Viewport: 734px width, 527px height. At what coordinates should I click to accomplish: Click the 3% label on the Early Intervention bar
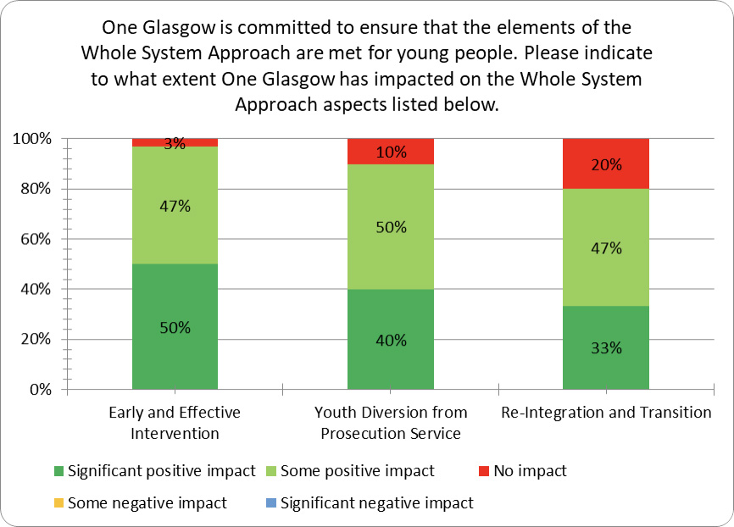pyautogui.click(x=175, y=143)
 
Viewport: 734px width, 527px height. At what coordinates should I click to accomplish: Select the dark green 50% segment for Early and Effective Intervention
pyautogui.click(x=175, y=327)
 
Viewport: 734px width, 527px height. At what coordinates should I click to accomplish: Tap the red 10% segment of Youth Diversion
pyautogui.click(x=391, y=152)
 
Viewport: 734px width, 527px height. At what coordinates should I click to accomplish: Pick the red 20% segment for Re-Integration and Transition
pyautogui.click(x=606, y=164)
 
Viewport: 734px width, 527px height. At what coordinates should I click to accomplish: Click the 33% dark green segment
pyautogui.click(x=606, y=347)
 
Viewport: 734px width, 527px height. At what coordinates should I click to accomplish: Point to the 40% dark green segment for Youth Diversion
pyautogui.click(x=391, y=340)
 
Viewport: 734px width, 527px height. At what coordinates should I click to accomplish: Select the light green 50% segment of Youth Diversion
pyautogui.click(x=391, y=227)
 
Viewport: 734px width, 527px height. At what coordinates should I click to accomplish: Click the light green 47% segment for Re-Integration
pyautogui.click(x=606, y=247)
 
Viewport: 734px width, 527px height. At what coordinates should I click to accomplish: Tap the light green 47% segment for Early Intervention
pyautogui.click(x=175, y=205)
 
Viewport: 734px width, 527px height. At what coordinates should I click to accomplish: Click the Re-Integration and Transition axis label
pyautogui.click(x=606, y=413)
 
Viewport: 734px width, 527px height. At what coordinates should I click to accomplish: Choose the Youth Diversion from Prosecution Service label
pyautogui.click(x=391, y=423)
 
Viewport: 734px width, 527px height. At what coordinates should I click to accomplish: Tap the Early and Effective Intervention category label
pyautogui.click(x=175, y=423)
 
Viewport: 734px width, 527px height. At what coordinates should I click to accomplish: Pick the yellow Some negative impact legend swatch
pyautogui.click(x=58, y=503)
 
